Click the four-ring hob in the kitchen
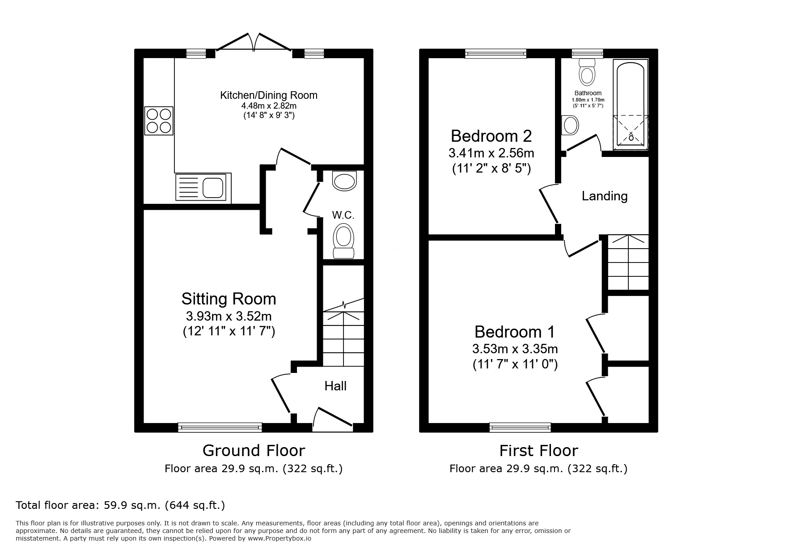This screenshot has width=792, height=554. pyautogui.click(x=159, y=121)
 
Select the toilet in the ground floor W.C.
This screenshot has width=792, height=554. pyautogui.click(x=343, y=241)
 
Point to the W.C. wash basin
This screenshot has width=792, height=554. pyautogui.click(x=345, y=181)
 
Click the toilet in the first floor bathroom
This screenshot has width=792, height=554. pyautogui.click(x=587, y=72)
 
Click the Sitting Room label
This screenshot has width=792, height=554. pyautogui.click(x=229, y=299)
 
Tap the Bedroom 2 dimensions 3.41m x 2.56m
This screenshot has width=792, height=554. pyautogui.click(x=491, y=153)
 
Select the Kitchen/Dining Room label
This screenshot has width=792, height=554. pyautogui.click(x=269, y=95)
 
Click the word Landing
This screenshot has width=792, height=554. pyautogui.click(x=605, y=196)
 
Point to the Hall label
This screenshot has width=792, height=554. pyautogui.click(x=335, y=386)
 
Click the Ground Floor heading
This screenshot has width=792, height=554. pyautogui.click(x=254, y=450)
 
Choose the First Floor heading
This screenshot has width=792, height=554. pyautogui.click(x=538, y=450)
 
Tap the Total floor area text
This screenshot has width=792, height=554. pyautogui.click(x=120, y=505)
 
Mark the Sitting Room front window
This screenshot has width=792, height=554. pyautogui.click(x=220, y=427)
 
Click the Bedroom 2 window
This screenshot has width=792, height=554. pyautogui.click(x=496, y=54)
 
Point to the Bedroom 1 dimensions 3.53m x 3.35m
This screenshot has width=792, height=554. pyautogui.click(x=515, y=348)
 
